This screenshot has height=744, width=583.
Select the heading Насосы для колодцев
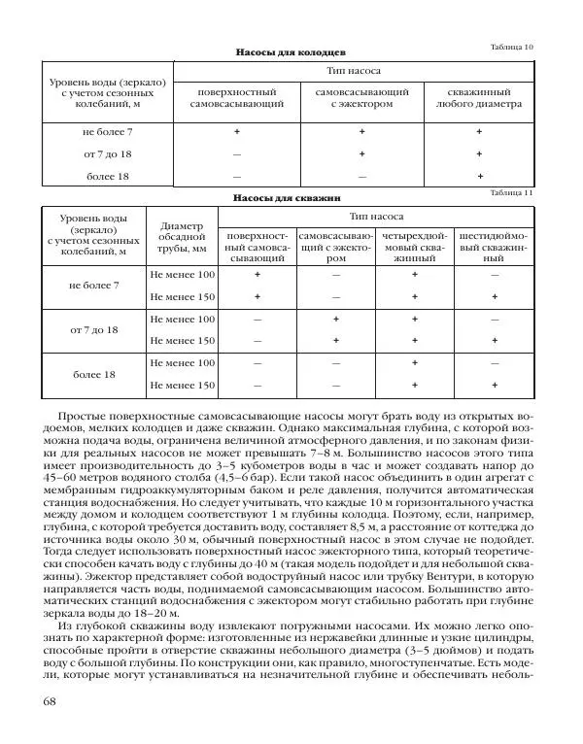point(291,52)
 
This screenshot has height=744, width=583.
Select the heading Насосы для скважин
point(291,198)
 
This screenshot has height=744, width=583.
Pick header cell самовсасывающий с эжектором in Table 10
point(361,96)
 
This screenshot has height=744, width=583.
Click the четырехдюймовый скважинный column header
point(414,248)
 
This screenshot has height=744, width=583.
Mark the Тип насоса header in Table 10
point(361,72)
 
